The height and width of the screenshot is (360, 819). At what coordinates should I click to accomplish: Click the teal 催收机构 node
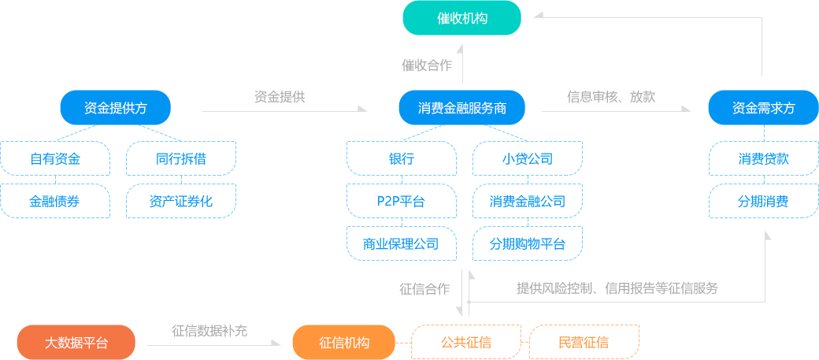pyautogui.click(x=461, y=18)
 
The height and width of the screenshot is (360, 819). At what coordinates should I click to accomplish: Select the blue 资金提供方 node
pyautogui.click(x=116, y=108)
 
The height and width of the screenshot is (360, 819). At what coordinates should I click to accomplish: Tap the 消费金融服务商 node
pyautogui.click(x=461, y=108)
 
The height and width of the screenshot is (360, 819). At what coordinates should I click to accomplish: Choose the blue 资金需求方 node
pyautogui.click(x=763, y=108)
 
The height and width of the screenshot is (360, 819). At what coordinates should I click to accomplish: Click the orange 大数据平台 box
pyautogui.click(x=76, y=343)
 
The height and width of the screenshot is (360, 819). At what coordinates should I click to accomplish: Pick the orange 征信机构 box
pyautogui.click(x=344, y=343)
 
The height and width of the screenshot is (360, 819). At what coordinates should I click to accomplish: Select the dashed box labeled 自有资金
pyautogui.click(x=55, y=158)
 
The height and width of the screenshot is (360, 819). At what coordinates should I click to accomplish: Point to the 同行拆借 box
pyautogui.click(x=181, y=158)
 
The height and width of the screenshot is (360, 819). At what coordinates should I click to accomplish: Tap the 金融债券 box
pyautogui.click(x=55, y=201)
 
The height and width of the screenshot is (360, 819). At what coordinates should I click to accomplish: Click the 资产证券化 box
pyautogui.click(x=181, y=201)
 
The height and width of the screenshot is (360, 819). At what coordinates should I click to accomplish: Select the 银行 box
pyautogui.click(x=402, y=158)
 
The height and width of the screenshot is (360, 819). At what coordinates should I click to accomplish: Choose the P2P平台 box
pyautogui.click(x=402, y=201)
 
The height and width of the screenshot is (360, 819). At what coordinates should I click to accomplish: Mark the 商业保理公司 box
pyautogui.click(x=402, y=243)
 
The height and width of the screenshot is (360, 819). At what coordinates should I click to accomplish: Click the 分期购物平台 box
pyautogui.click(x=528, y=243)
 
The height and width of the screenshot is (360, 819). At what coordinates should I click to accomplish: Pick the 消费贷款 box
pyautogui.click(x=763, y=158)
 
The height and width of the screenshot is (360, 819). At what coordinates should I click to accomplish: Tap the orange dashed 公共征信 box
pyautogui.click(x=465, y=343)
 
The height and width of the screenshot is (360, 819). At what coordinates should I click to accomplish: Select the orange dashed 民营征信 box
pyautogui.click(x=584, y=343)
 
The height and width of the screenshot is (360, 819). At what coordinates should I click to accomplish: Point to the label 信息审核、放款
pyautogui.click(x=611, y=97)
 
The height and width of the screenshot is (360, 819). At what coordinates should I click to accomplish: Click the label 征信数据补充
pyautogui.click(x=209, y=332)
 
